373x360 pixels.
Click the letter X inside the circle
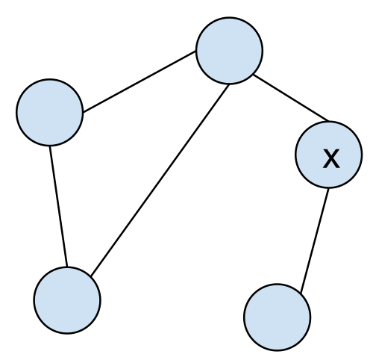tap(331, 158)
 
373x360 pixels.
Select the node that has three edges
tap(229, 51)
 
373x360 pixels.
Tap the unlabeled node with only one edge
tap(278, 317)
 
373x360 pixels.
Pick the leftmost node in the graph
tap(50, 112)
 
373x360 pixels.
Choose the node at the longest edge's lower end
tap(67, 300)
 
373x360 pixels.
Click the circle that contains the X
tap(329, 155)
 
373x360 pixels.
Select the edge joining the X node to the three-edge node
tap(291, 98)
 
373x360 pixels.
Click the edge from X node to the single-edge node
tap(315, 240)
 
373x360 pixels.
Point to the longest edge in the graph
tap(160, 180)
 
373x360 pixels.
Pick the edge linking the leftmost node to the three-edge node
tap(140, 82)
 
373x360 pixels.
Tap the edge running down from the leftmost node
tap(58, 206)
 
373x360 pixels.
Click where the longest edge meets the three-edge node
tap(228, 84)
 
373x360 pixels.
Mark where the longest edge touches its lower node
tap(91, 276)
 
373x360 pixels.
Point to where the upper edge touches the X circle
tap(329, 122)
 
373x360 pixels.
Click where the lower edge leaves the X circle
tap(328, 188)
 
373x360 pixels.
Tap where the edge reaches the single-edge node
tap(301, 293)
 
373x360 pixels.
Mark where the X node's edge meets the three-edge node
tap(253, 75)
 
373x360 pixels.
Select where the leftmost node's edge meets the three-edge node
tap(196, 52)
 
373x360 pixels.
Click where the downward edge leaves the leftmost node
tap(50, 146)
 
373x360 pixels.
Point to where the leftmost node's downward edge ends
tap(67, 267)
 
